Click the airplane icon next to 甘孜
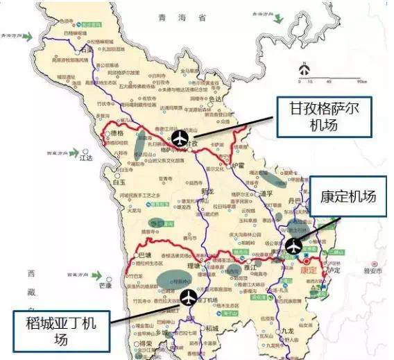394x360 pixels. [180, 138]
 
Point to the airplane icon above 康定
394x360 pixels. [293, 245]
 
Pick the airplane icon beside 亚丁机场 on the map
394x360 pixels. [189, 298]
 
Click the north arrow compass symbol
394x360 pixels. [304, 69]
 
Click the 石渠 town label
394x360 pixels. [87, 49]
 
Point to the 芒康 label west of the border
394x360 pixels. [105, 284]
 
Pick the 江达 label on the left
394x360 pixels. [87, 158]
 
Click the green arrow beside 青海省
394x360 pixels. [278, 18]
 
